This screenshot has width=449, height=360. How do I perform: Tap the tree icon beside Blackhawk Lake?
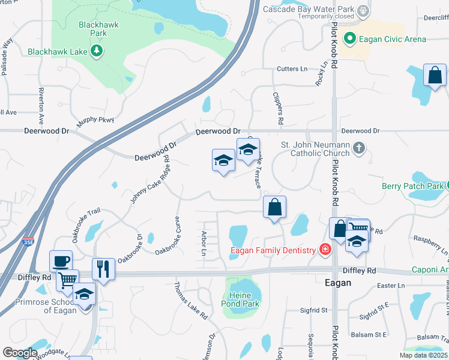pos(96,52)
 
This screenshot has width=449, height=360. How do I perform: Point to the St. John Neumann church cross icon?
pos(358,148)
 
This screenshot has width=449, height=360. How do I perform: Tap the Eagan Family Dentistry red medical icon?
pos(325,250)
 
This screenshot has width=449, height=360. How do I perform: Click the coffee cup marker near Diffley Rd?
pos(61,261)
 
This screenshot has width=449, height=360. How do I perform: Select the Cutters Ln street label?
pos(292,70)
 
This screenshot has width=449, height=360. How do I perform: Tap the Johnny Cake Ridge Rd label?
pos(150,178)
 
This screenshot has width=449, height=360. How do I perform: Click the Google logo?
pos(20,352)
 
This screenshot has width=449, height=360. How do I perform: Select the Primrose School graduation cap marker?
pos(84,294)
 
